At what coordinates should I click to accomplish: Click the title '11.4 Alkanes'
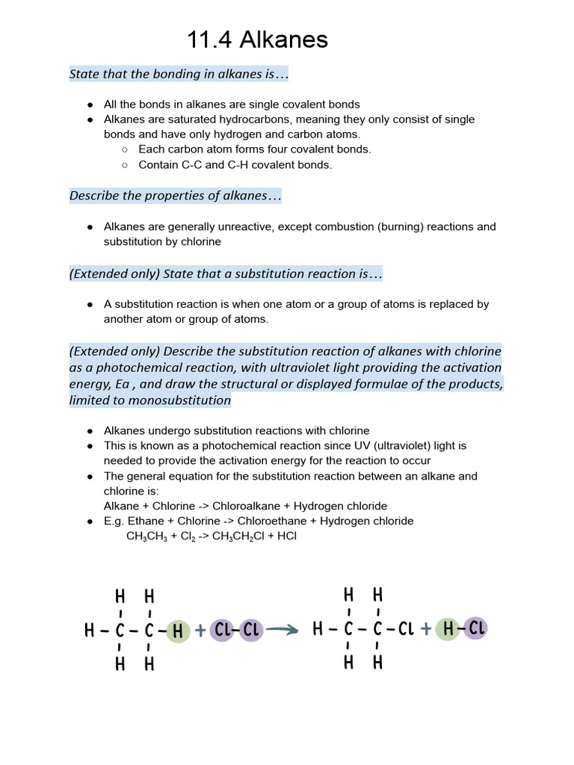click(257, 40)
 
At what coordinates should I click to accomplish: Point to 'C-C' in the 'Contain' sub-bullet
click(192, 164)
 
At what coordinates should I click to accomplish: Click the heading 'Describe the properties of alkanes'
click(175, 196)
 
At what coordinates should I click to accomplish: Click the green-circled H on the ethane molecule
click(178, 631)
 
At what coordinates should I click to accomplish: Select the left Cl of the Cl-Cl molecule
click(223, 631)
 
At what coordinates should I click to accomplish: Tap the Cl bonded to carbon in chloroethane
click(405, 629)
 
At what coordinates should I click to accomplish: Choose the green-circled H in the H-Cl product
click(448, 629)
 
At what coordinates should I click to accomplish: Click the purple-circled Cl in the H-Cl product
click(475, 629)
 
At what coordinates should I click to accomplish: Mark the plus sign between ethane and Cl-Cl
click(200, 631)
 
